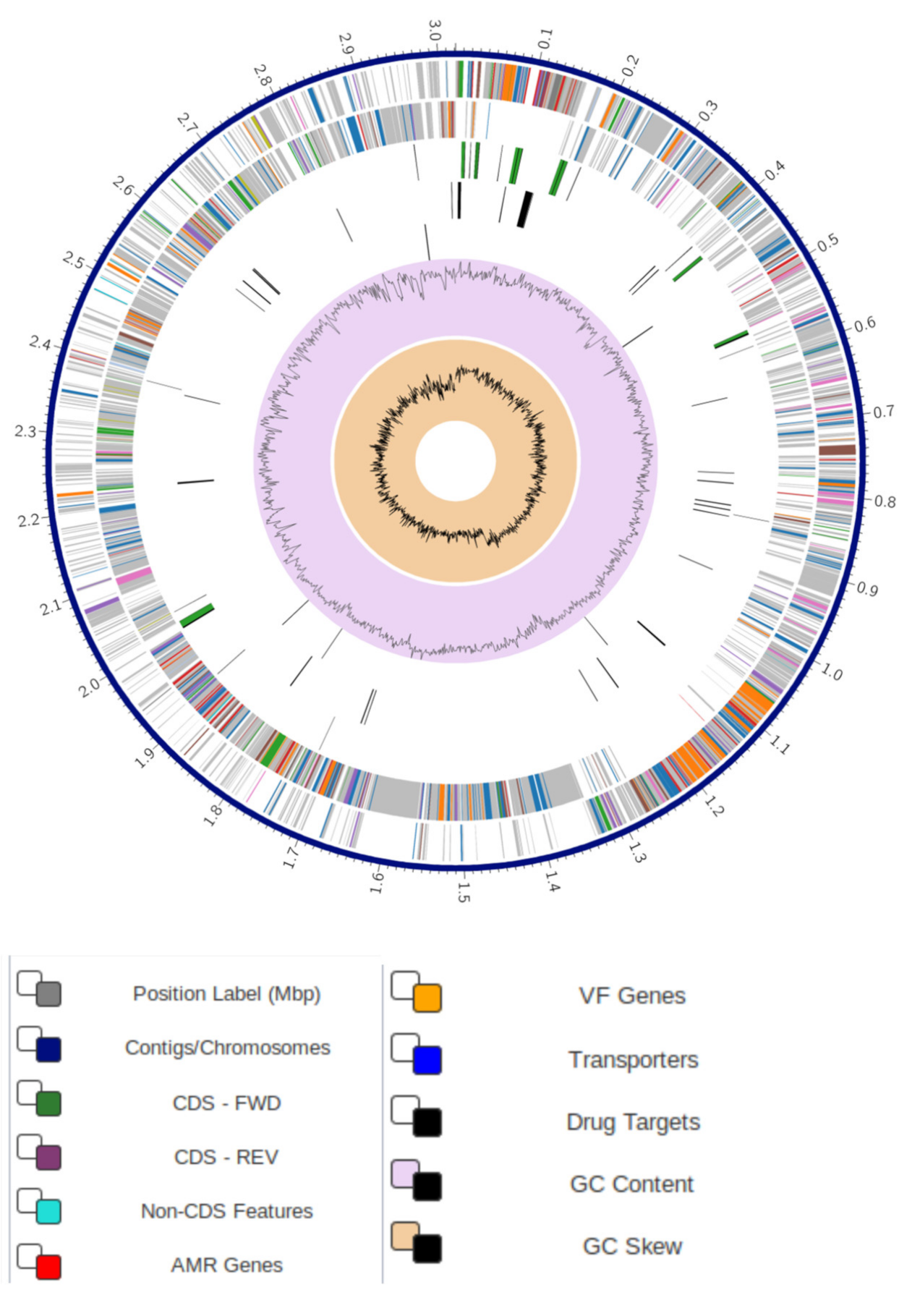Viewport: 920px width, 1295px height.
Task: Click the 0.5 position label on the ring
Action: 828,242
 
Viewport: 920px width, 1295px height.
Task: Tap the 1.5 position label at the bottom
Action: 463,892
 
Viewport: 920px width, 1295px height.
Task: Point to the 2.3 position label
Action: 25,432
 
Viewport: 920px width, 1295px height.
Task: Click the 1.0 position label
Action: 831,673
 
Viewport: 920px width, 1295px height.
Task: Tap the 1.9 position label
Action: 145,757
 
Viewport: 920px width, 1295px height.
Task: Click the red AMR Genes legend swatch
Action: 48,1266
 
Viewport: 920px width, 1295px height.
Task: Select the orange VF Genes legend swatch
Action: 427,998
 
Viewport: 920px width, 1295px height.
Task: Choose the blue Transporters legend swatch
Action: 427,1061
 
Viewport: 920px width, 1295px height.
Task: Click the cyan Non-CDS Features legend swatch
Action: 48,1212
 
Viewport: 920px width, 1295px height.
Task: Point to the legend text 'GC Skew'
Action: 632,1247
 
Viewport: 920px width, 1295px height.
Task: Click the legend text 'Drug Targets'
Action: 633,1122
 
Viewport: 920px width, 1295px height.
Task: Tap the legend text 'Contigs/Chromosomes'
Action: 227,1048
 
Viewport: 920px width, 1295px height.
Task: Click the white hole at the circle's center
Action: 456,461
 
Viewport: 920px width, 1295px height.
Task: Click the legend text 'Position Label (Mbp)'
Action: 226,994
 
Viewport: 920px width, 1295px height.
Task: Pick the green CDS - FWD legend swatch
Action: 48,1104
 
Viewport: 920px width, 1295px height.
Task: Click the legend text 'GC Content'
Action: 631,1184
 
